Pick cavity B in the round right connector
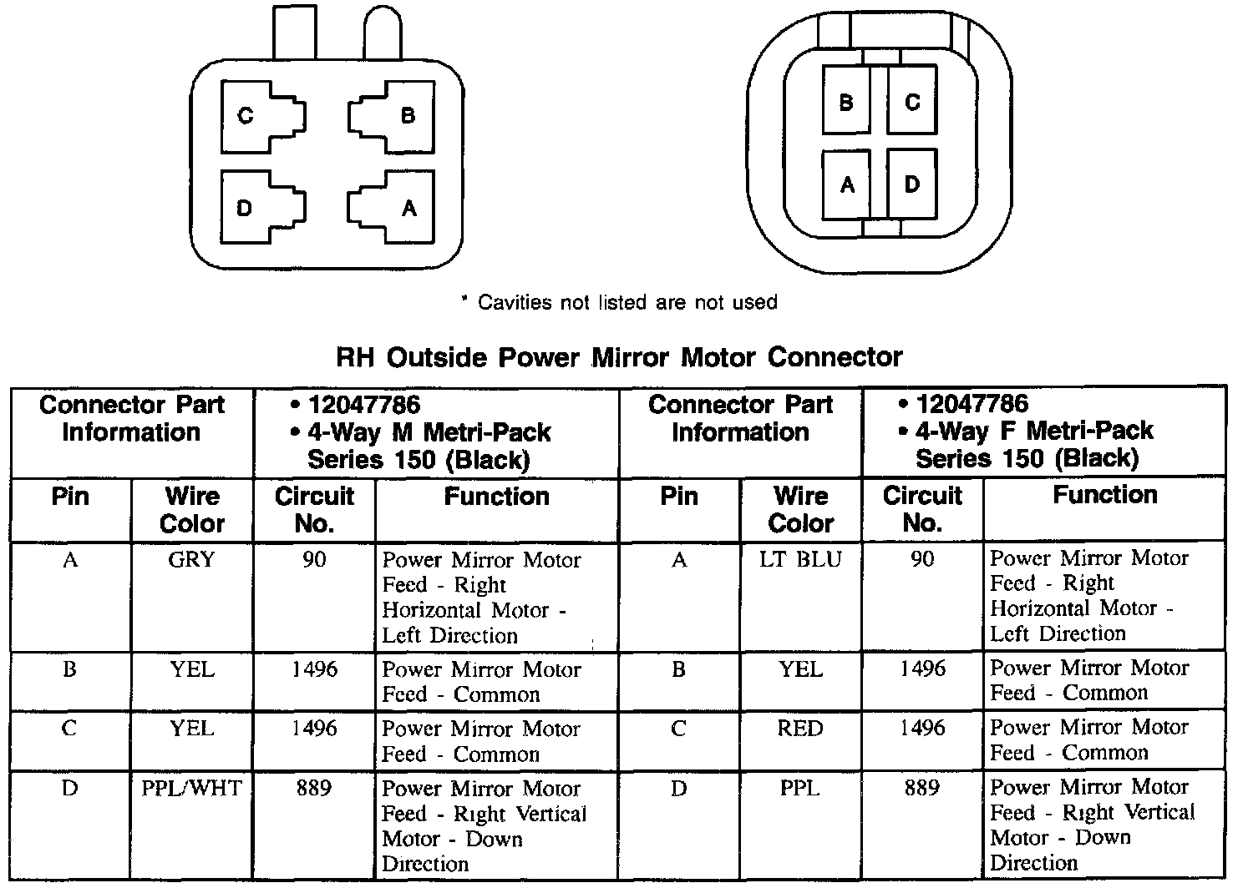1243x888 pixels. pyautogui.click(x=846, y=101)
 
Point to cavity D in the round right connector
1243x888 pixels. pyautogui.click(x=911, y=184)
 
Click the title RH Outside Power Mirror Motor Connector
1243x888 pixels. pyautogui.click(x=619, y=357)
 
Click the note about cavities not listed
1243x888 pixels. pyautogui.click(x=619, y=302)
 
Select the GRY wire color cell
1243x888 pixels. pyautogui.click(x=192, y=560)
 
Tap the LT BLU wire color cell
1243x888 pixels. pyautogui.click(x=800, y=559)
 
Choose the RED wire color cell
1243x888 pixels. pyautogui.click(x=800, y=729)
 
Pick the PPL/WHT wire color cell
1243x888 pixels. pyautogui.click(x=192, y=788)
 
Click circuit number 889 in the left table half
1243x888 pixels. pyautogui.click(x=314, y=788)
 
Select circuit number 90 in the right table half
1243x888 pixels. pyautogui.click(x=922, y=559)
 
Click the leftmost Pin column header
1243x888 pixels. pyautogui.click(x=70, y=497)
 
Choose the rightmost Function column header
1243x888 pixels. pyautogui.click(x=1104, y=495)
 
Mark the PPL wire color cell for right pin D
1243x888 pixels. pyautogui.click(x=800, y=787)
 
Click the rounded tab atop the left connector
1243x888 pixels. pyautogui.click(x=383, y=33)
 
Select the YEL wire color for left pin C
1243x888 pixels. pyautogui.click(x=192, y=729)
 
